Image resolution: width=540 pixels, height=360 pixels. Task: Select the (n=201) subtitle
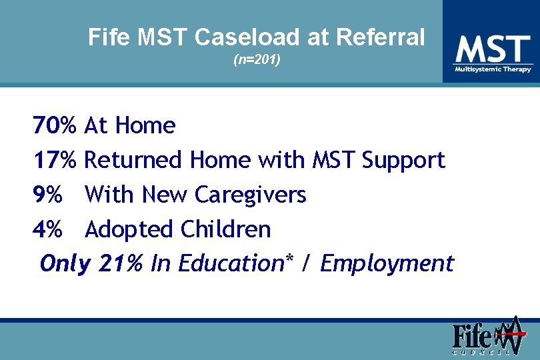257,60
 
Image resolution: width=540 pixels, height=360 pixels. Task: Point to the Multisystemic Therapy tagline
493,69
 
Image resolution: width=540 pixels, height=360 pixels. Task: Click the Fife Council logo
487,337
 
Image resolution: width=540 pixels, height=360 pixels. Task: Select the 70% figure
55,125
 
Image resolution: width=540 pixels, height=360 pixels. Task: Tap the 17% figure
55,160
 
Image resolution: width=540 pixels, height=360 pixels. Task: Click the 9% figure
47,195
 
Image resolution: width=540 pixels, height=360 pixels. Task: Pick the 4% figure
47,229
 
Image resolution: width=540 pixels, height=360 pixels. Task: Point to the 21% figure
120,264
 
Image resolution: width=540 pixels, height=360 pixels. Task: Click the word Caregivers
250,195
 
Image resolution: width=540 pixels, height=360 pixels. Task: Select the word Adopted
129,230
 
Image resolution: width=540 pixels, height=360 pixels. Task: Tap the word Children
225,229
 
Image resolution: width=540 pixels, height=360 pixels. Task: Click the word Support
403,161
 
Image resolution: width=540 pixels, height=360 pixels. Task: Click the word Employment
387,265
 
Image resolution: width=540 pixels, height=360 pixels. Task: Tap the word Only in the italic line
65,264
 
